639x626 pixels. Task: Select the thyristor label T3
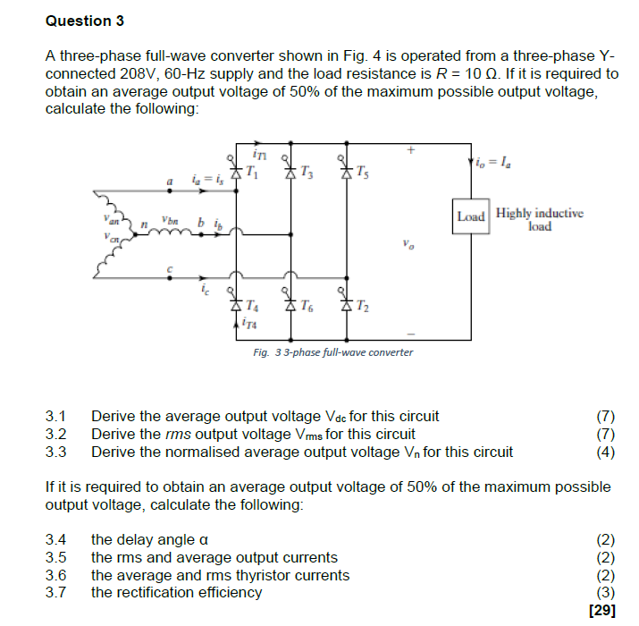[x=307, y=171]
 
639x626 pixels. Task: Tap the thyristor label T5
[x=361, y=171]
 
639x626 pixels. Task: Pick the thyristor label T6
[x=307, y=304]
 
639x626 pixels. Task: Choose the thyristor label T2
[x=361, y=304]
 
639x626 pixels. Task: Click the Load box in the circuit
[x=470, y=216]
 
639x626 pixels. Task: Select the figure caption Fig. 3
[x=332, y=352]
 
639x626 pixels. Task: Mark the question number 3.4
[x=56, y=540]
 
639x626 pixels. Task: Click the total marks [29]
[x=602, y=611]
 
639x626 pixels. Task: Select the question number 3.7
[x=56, y=592]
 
